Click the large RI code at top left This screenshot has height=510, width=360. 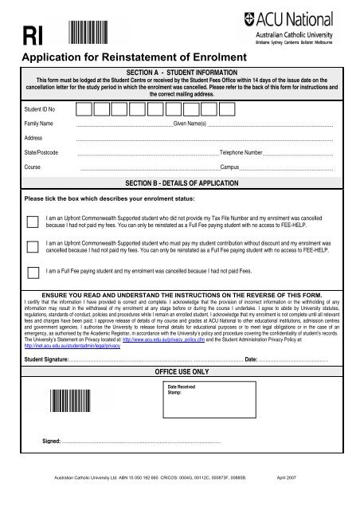click(34, 37)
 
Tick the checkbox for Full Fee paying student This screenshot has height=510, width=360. click(33, 271)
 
